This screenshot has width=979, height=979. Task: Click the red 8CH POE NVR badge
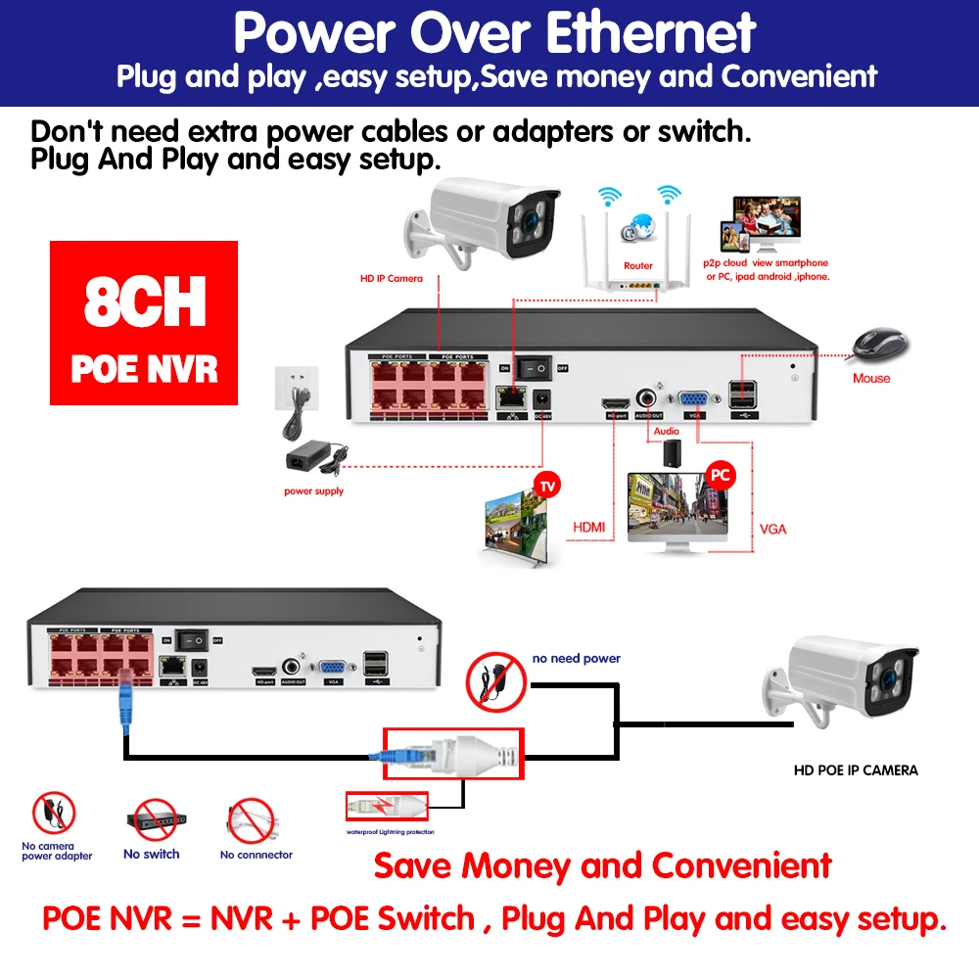coord(144,323)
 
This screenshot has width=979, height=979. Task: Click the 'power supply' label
coord(313,490)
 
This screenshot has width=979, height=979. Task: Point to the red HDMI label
coord(588,528)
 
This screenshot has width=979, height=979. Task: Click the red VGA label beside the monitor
coord(772,529)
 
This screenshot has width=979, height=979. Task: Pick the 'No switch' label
coord(151,854)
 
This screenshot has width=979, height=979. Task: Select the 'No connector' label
coord(256,855)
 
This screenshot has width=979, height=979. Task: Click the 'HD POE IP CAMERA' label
coord(856,770)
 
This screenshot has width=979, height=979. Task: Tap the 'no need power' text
coord(576,659)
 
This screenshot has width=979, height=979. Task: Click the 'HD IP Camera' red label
coord(392,278)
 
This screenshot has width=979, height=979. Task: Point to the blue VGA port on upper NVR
coord(696,399)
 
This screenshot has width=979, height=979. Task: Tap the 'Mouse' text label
coord(871,378)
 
